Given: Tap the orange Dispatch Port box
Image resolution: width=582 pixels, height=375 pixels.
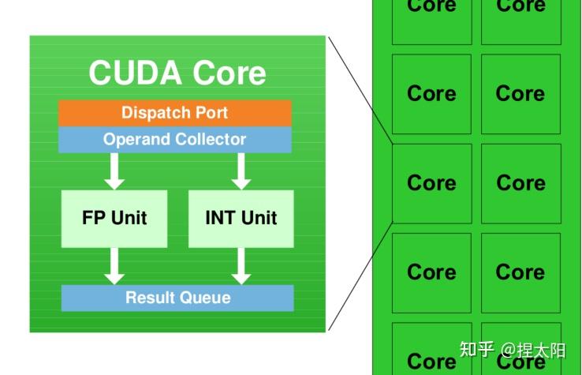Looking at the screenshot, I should pos(174,113).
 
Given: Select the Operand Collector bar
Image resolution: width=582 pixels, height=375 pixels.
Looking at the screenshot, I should pos(174,140).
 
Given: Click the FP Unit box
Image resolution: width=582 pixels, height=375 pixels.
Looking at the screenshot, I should pos(114,218).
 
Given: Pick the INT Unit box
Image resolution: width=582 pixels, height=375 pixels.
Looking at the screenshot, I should pos(241,218).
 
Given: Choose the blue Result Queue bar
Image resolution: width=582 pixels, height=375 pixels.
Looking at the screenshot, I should pos(177,298).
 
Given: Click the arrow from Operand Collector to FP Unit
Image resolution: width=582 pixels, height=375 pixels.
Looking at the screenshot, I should pos(114,171).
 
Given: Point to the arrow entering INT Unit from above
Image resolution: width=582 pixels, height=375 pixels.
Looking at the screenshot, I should pos(241,171).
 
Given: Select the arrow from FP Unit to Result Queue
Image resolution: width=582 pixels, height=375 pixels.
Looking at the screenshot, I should pos(114,266).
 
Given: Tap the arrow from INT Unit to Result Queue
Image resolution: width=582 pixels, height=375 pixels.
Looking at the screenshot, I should pos(241,266).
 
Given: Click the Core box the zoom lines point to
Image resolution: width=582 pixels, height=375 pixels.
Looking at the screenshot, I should pos(431,183).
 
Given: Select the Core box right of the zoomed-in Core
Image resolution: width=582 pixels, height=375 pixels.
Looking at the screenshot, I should pos(520,183).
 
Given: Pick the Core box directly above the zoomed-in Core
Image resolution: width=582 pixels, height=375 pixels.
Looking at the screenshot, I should pos(431,94).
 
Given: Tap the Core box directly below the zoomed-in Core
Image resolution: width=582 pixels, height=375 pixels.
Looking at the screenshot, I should pos(431,272).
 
